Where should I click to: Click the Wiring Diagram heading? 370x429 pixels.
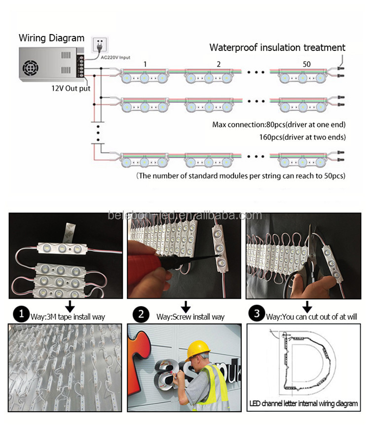pos(51,38)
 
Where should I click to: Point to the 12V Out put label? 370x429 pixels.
pos(71,89)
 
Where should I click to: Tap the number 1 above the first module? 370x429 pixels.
pos(145,64)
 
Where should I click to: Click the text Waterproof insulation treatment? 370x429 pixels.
pos(277,47)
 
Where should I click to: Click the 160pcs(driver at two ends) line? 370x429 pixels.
pos(302,136)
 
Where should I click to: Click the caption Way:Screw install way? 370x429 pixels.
pos(190,316)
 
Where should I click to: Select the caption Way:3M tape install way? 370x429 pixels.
pos(70,316)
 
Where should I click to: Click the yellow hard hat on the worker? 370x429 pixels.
pos(196,350)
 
